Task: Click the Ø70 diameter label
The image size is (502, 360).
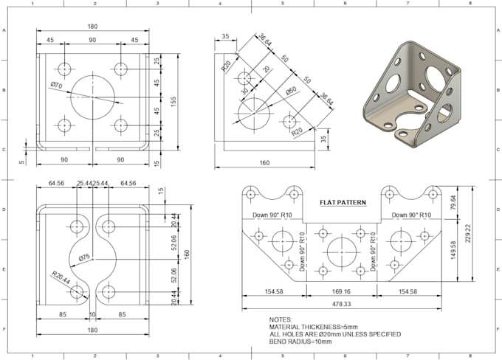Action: click(56, 86)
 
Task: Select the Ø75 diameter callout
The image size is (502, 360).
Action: click(84, 257)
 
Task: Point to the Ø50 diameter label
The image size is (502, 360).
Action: click(292, 92)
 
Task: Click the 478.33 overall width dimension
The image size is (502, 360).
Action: click(342, 304)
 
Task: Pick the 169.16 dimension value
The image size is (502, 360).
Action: click(342, 292)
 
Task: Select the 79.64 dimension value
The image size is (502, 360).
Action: click(453, 203)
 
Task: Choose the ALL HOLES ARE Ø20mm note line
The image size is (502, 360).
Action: click(334, 334)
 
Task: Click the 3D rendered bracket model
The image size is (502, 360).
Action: click(412, 92)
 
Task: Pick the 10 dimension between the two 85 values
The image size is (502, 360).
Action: click(92, 314)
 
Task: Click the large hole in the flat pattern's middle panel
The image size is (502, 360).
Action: click(342, 251)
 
